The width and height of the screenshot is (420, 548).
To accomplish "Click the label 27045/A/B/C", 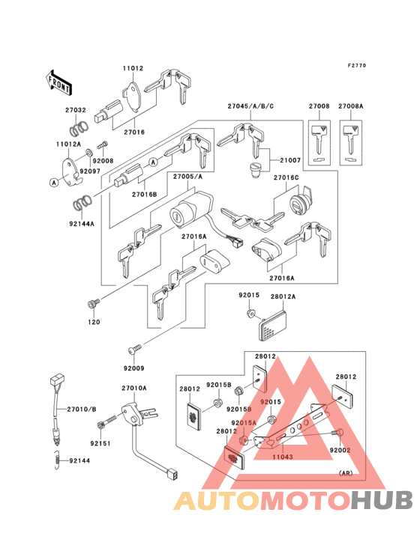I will click(250, 107).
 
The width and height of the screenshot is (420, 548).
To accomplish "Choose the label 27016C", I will click(286, 179).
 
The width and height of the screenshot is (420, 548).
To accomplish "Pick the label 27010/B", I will click(82, 409).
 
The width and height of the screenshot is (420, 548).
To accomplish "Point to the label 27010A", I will click(134, 388).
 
